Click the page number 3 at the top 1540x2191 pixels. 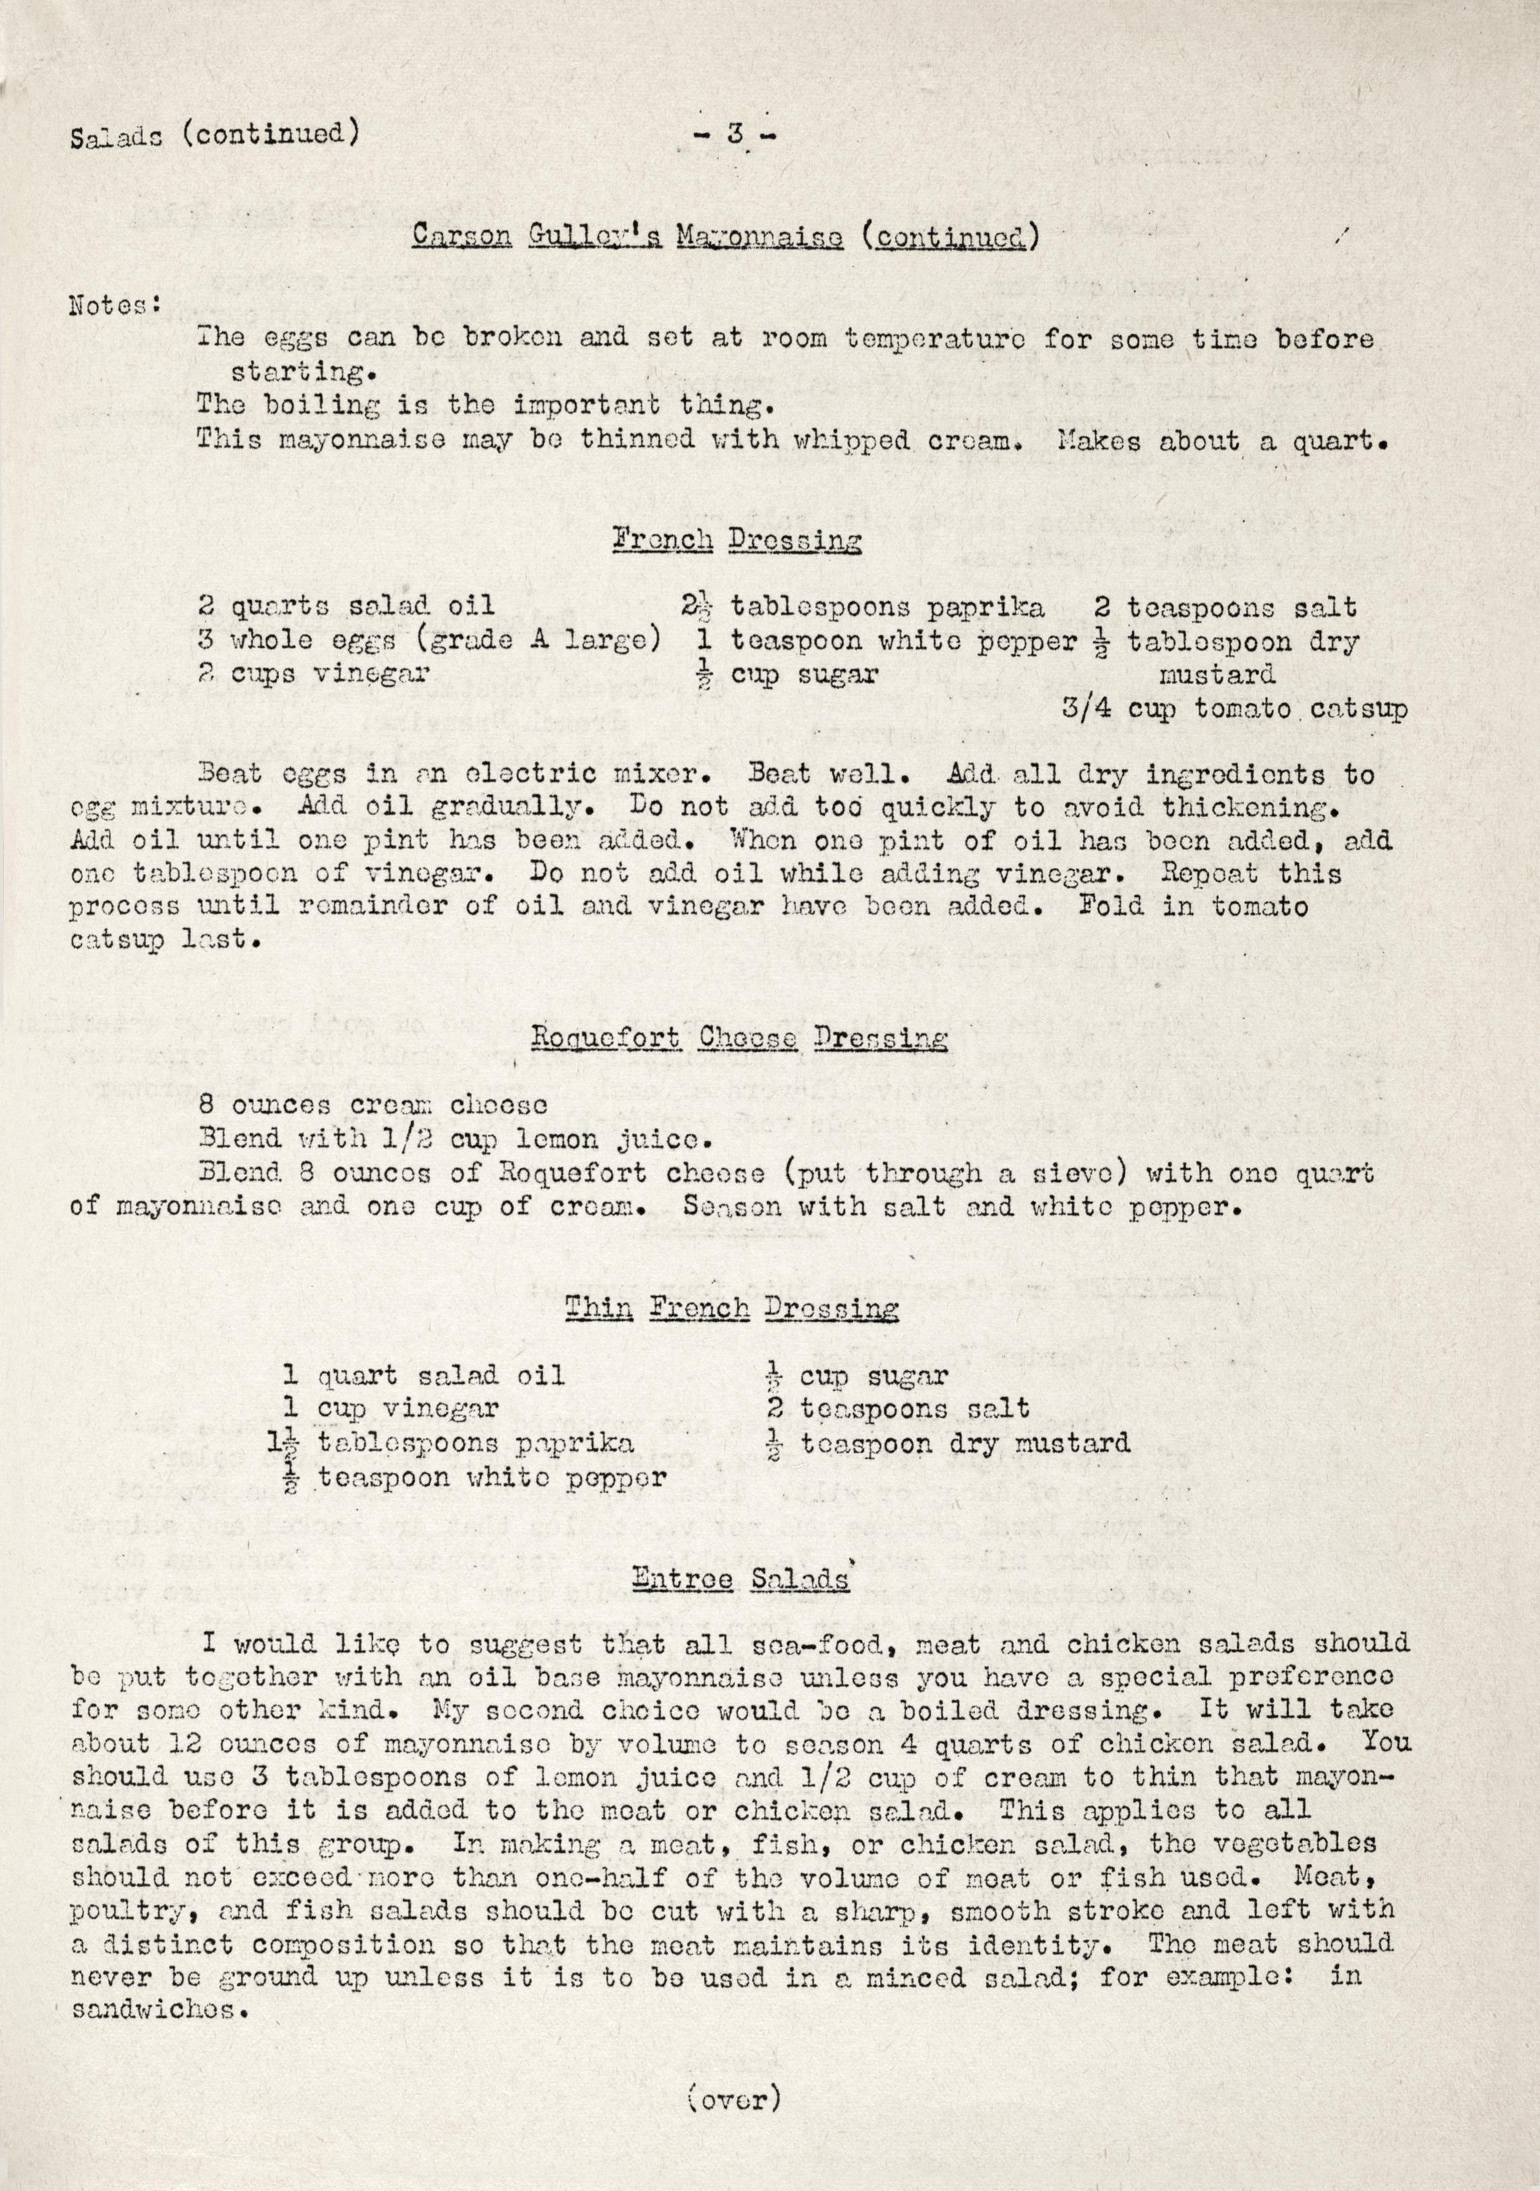click(734, 135)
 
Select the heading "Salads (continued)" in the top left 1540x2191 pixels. click(215, 135)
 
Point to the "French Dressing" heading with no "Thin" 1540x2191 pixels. click(736, 542)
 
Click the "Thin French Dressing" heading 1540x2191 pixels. click(732, 1308)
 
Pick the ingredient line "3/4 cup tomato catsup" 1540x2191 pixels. click(1233, 711)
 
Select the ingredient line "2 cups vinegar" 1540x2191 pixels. click(314, 674)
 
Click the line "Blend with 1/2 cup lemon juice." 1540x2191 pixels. click(454, 1139)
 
